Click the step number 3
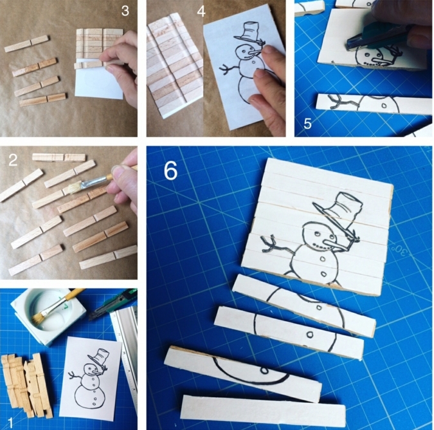pos(125,11)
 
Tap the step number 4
pos(201,11)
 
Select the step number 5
pos(307,124)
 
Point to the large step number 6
pos(170,171)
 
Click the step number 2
pos(13,160)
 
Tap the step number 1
pos(11,422)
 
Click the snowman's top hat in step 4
pos(249,32)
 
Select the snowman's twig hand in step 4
pos(228,68)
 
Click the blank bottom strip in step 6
pos(263,411)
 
